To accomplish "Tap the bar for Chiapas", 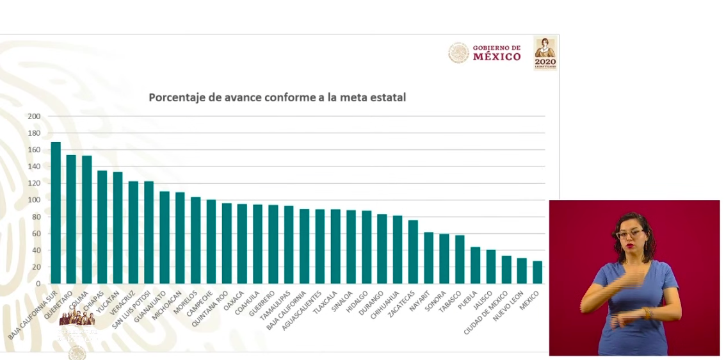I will pos(102,227).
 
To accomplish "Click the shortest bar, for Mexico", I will pos(537,272).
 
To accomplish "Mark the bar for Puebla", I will pos(475,265).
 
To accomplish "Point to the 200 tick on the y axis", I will pos(34,117).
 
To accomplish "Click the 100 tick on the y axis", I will pos(34,200).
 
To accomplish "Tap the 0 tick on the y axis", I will pos(38,284).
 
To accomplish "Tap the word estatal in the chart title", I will pos(386,98).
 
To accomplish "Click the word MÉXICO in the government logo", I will pos(497,57).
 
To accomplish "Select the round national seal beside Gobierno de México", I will pos(458,53).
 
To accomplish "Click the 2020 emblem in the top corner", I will pos(545,53).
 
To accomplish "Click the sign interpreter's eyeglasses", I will pos(629,234).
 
